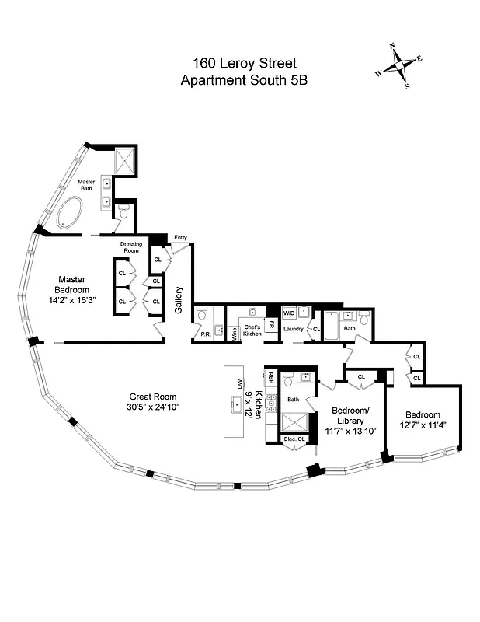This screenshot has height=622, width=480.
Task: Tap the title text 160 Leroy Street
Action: (244, 62)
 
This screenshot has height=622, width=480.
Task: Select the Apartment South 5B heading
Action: (244, 79)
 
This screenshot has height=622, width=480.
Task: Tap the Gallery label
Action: (179, 299)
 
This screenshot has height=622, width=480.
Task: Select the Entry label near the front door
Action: (180, 238)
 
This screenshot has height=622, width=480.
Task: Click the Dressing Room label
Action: (131, 247)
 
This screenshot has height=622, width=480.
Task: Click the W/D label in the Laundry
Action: (289, 313)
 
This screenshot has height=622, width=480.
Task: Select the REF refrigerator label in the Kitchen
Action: (271, 378)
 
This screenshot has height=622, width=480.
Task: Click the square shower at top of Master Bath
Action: (124, 162)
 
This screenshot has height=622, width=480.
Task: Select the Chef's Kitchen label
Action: (252, 330)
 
